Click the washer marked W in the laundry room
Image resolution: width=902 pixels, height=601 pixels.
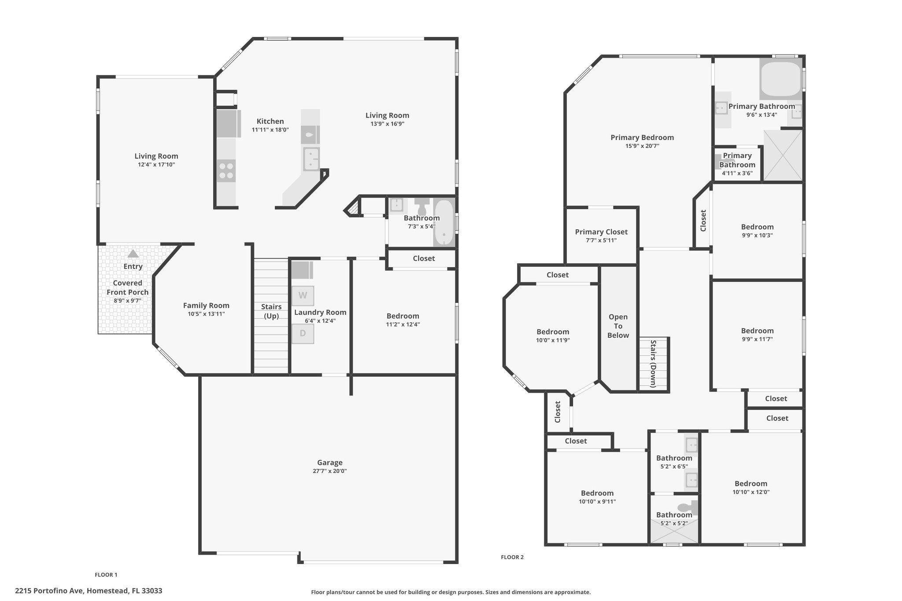303,295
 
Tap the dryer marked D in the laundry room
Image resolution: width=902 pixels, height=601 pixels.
303,334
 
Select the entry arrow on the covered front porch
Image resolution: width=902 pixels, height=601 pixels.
133,254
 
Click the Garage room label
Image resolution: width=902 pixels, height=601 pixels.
330,462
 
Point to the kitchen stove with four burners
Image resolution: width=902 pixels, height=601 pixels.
226,171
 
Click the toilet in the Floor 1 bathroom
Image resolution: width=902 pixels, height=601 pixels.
422,206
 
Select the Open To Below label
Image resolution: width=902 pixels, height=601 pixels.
618,326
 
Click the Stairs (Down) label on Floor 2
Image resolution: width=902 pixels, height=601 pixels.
653,364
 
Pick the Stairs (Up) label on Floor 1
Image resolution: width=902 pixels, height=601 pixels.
271,311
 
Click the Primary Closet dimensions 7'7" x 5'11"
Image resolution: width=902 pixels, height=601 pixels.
601,240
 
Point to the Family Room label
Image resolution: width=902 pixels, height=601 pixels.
206,306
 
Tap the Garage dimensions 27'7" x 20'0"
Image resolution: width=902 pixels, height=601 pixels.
330,471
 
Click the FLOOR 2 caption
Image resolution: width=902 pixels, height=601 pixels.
512,557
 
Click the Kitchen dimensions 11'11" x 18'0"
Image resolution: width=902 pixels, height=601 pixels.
270,130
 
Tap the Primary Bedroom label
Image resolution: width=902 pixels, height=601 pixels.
642,138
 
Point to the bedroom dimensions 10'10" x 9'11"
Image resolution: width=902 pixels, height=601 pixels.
597,501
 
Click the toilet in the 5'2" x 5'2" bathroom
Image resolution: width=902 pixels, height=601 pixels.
688,507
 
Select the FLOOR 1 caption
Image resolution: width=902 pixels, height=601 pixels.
106,575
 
